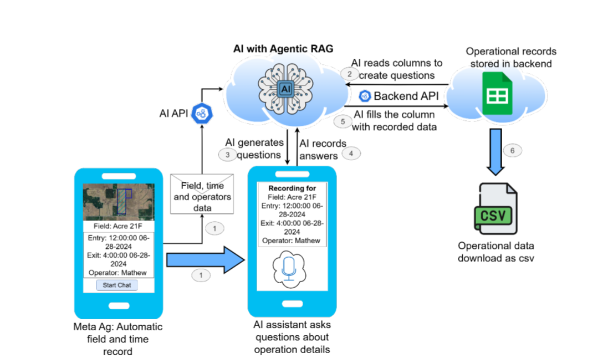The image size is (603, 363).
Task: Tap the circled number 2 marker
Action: (349, 73)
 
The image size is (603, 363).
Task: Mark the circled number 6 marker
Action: (511, 150)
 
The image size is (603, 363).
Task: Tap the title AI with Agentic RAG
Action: (283, 49)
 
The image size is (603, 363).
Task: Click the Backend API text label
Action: (406, 96)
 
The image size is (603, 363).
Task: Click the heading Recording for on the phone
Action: (292, 188)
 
